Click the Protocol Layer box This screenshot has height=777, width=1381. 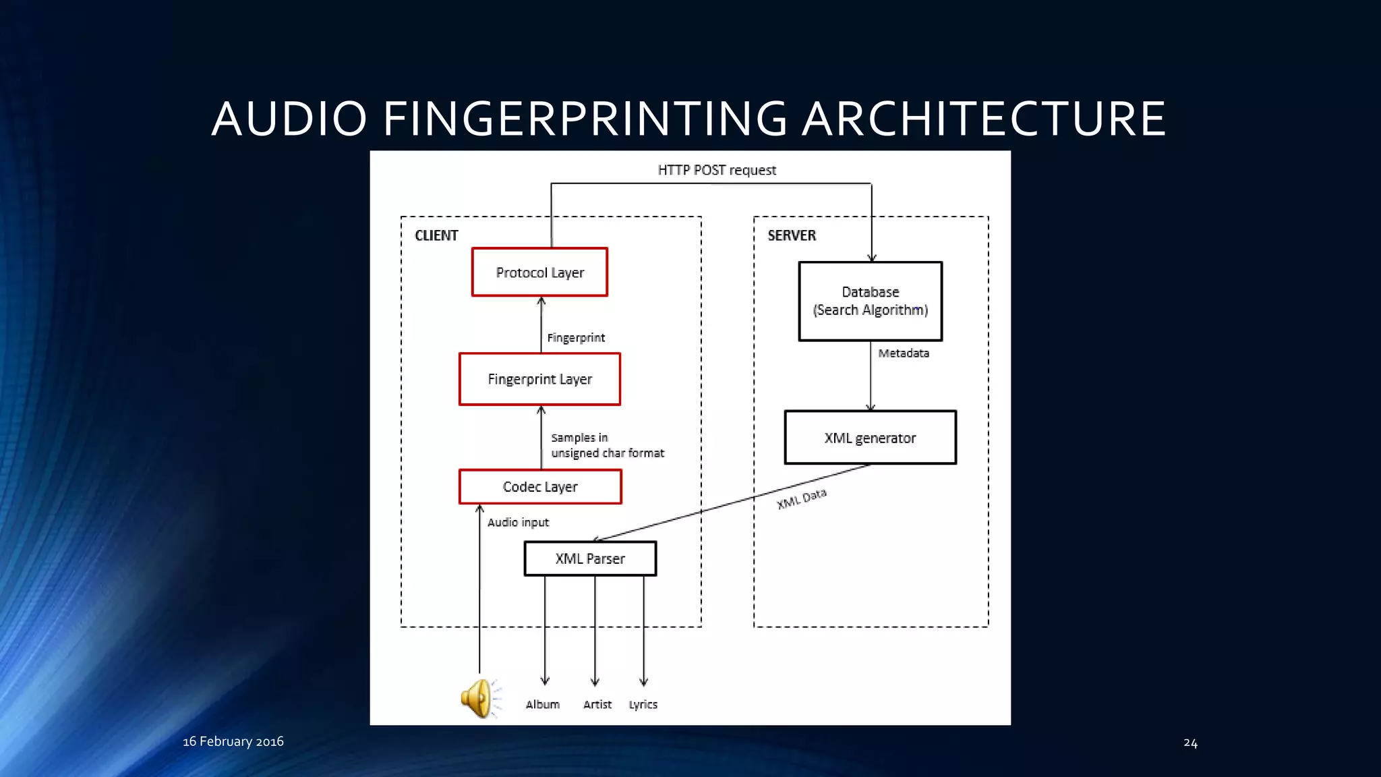click(x=539, y=272)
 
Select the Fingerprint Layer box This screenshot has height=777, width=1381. click(x=539, y=379)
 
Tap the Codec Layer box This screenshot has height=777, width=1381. click(x=540, y=486)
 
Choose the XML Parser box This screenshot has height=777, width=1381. click(x=590, y=558)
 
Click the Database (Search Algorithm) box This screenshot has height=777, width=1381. click(x=870, y=301)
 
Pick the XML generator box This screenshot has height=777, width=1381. click(x=870, y=438)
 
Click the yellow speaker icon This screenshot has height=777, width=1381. click(x=479, y=699)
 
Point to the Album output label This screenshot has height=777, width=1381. click(x=543, y=704)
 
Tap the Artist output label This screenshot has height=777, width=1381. click(x=597, y=704)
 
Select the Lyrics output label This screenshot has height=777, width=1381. click(x=643, y=704)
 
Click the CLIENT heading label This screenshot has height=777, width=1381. click(x=436, y=235)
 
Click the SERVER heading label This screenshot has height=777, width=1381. click(x=792, y=235)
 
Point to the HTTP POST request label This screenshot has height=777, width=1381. click(x=717, y=170)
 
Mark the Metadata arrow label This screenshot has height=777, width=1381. click(x=904, y=353)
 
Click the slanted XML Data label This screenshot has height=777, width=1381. click(x=802, y=499)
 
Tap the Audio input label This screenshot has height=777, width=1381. click(x=518, y=522)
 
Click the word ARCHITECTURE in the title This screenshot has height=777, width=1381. click(x=984, y=119)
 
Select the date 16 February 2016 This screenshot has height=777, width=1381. click(x=233, y=741)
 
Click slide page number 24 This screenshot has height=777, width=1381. click(x=1190, y=743)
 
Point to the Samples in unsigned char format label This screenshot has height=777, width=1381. click(x=607, y=445)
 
